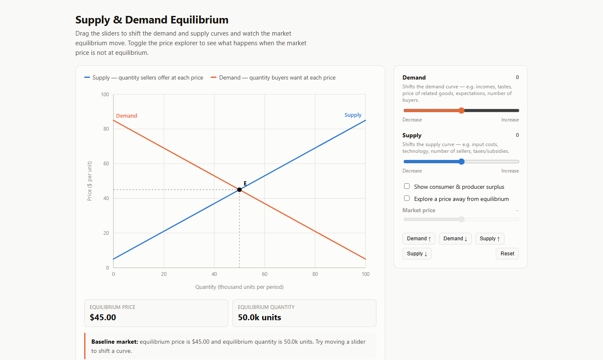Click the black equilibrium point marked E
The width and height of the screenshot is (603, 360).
pos(240,190)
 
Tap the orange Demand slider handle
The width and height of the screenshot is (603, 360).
pos(461,111)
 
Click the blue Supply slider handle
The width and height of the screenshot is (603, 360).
pos(461,162)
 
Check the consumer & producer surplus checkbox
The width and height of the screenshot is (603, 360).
pos(407,186)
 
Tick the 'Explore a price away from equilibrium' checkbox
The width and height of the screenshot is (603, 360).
pos(407,198)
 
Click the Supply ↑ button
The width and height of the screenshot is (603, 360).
pos(490,239)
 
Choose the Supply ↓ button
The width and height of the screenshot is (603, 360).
pos(417,254)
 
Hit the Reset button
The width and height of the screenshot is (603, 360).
pos(507,254)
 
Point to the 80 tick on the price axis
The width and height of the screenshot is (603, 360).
pos(106,129)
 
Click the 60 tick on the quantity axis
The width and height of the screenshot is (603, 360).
pos(265,274)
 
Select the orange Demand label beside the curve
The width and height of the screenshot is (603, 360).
pos(126,116)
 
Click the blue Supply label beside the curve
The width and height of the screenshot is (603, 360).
pos(353,115)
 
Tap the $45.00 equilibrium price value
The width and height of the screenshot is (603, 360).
pos(103,317)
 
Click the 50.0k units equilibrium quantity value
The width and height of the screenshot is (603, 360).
pos(259,317)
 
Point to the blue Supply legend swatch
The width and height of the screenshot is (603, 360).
pos(87,77)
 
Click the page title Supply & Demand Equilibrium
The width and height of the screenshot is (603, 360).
pos(152,20)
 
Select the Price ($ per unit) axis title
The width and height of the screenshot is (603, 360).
pos(90,181)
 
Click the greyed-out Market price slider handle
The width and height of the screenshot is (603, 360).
pos(461,219)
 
